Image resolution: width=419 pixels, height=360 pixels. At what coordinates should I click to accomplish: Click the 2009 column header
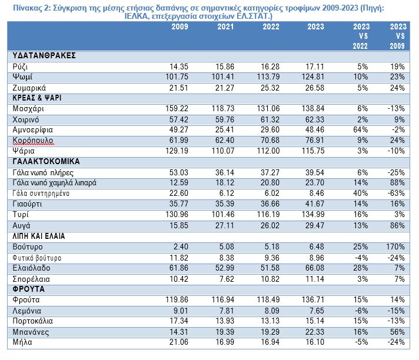click(180, 26)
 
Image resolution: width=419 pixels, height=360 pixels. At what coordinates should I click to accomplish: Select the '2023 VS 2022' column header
click(361, 36)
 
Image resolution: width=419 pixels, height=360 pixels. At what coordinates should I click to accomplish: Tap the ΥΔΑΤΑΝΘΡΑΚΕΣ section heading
click(44, 55)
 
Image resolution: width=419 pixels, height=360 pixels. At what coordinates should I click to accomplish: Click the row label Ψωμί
click(22, 77)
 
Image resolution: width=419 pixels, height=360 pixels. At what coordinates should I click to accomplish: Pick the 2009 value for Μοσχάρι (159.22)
click(177, 108)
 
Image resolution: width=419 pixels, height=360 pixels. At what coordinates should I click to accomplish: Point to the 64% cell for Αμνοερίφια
click(361, 130)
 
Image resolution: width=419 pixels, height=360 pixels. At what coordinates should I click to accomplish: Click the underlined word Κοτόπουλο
click(33, 141)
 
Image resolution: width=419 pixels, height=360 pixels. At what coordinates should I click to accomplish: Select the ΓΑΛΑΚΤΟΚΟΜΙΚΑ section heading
click(46, 162)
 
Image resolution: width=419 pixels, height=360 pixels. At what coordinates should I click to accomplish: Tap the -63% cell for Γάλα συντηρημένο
click(396, 194)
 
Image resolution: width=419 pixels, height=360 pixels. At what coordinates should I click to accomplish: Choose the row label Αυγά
click(21, 226)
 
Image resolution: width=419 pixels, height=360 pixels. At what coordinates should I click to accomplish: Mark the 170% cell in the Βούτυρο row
click(395, 247)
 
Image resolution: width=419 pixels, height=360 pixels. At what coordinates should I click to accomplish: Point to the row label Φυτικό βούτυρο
click(37, 258)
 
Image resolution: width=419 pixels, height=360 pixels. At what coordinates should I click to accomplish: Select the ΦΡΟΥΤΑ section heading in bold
click(29, 289)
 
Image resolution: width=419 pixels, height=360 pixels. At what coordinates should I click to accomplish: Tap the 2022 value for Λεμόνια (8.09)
click(272, 311)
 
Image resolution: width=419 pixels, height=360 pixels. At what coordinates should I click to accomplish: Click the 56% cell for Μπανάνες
click(397, 332)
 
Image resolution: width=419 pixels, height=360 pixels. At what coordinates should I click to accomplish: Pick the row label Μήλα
click(22, 342)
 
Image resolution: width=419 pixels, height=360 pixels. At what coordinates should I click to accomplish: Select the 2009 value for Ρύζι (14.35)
click(179, 66)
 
